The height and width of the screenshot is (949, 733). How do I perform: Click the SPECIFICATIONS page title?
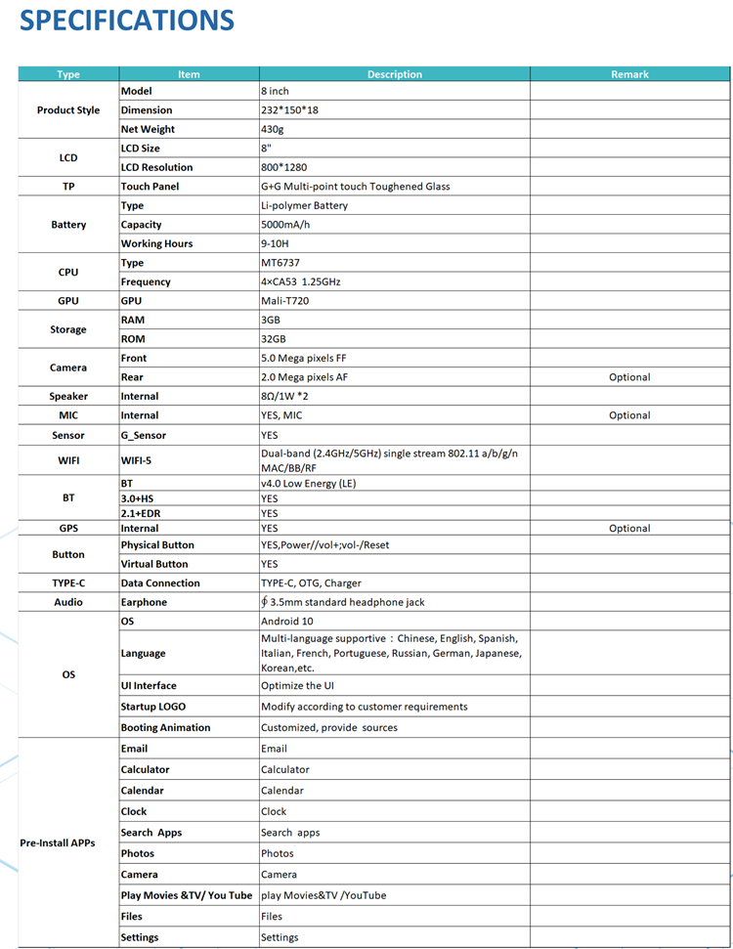pyautogui.click(x=127, y=21)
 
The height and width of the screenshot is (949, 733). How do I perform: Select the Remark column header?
pyautogui.click(x=629, y=74)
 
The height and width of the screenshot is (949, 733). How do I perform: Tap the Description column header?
pyautogui.click(x=395, y=74)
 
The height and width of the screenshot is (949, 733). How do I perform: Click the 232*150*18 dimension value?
pyautogui.click(x=289, y=110)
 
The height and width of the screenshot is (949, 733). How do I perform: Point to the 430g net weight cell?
pyautogui.click(x=273, y=129)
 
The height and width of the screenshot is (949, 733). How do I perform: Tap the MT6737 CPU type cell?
pyautogui.click(x=281, y=263)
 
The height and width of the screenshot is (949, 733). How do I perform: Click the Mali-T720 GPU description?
pyautogui.click(x=284, y=301)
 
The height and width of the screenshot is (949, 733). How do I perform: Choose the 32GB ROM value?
pyautogui.click(x=275, y=339)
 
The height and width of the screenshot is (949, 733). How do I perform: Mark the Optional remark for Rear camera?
pyautogui.click(x=629, y=377)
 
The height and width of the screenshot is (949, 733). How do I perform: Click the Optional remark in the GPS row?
pyautogui.click(x=629, y=529)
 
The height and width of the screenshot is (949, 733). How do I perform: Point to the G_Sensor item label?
pyautogui.click(x=144, y=435)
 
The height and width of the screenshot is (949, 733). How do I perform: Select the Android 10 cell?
pyautogui.click(x=287, y=622)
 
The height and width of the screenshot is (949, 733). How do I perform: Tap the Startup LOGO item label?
pyautogui.click(x=153, y=707)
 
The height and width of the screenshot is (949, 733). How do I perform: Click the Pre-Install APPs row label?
pyautogui.click(x=58, y=843)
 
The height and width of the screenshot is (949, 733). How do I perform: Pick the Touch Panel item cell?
pyautogui.click(x=150, y=187)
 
